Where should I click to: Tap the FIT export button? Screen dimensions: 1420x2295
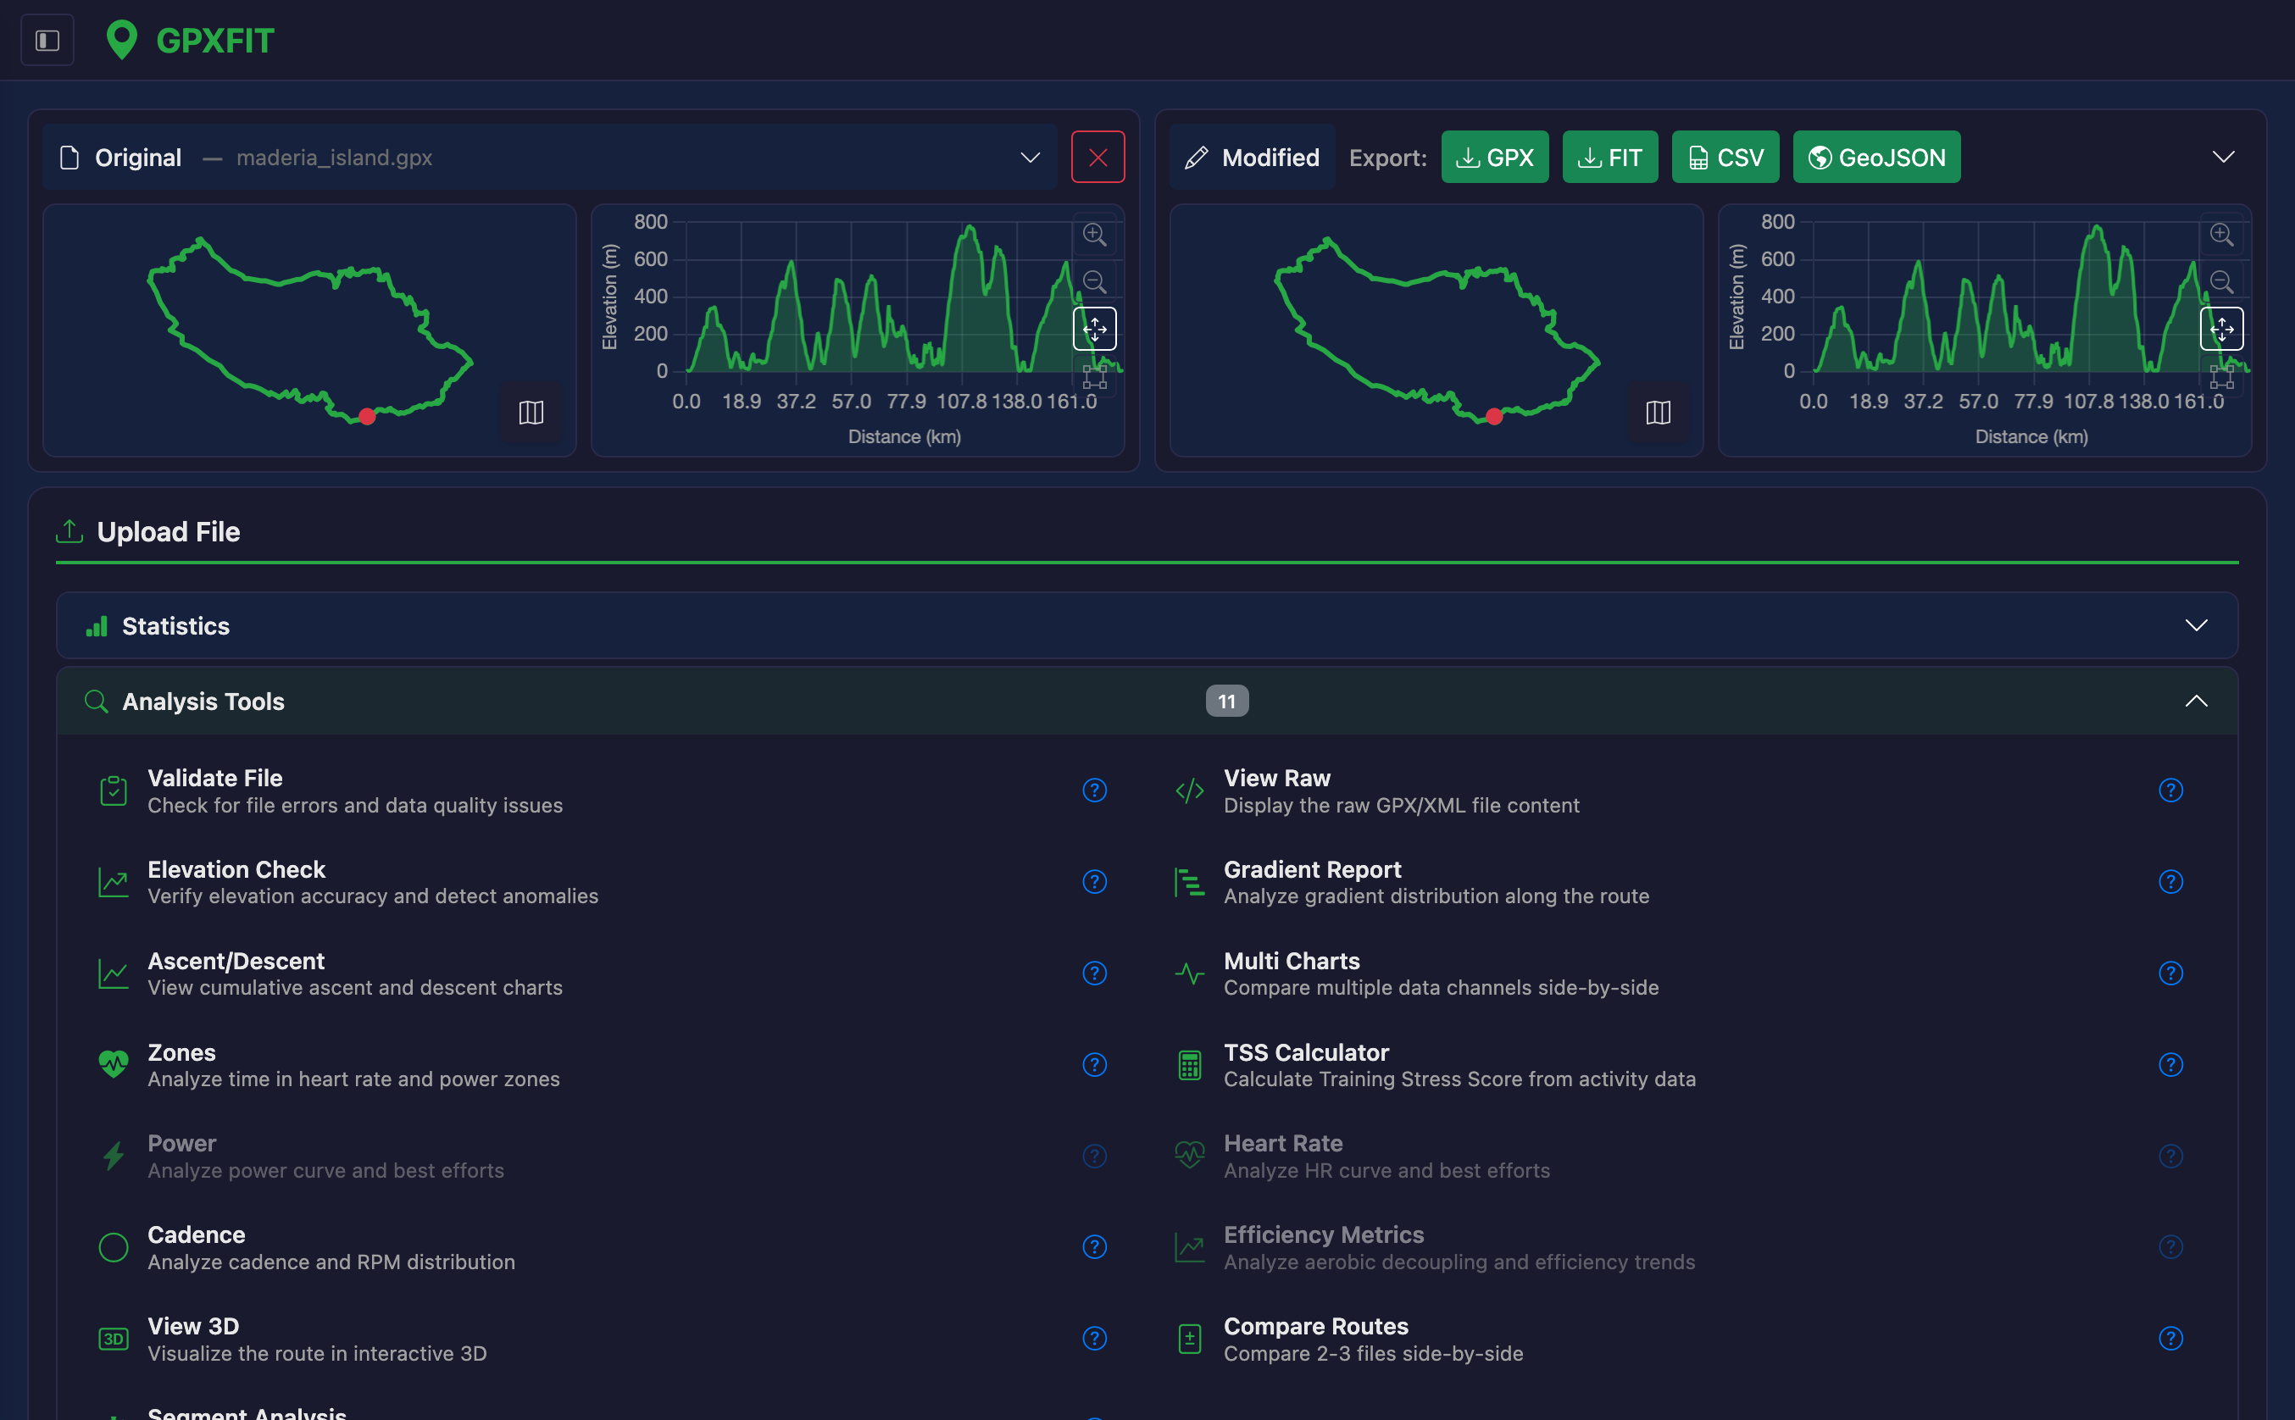click(x=1609, y=157)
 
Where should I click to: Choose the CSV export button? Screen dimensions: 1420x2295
click(x=1725, y=157)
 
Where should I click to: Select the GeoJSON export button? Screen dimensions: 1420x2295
click(x=1876, y=157)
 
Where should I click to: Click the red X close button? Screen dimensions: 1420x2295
click(x=1097, y=157)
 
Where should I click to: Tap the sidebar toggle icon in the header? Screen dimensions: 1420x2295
click(x=47, y=41)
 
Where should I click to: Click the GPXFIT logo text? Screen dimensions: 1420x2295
click(x=215, y=41)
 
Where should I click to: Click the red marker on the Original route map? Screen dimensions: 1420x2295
click(x=367, y=416)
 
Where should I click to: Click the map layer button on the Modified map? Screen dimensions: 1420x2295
click(x=1658, y=413)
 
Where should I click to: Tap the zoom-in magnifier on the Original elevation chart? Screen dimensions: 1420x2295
click(x=1094, y=234)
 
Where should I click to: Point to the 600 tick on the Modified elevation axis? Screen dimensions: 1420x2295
click(x=1777, y=259)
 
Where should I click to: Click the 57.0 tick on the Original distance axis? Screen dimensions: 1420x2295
click(x=851, y=402)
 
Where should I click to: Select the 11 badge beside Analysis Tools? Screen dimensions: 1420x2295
click(x=1227, y=701)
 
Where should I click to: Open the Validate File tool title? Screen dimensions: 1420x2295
click(x=215, y=778)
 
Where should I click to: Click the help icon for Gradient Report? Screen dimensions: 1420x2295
click(x=2170, y=882)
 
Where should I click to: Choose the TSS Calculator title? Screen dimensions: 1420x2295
click(x=1306, y=1051)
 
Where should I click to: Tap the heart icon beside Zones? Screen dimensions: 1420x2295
click(x=114, y=1064)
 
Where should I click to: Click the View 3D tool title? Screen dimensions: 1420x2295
click(x=193, y=1325)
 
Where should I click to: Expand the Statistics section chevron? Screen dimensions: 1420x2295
click(x=2196, y=625)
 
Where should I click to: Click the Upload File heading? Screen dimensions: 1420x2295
click(x=168, y=531)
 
